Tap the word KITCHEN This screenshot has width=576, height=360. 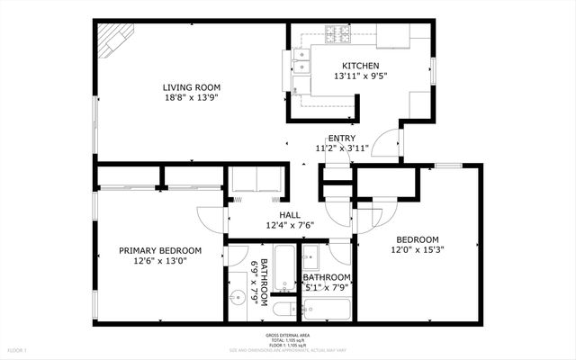tap(360, 66)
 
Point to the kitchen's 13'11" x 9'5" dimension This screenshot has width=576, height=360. tap(360, 76)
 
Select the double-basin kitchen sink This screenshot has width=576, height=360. tap(301, 60)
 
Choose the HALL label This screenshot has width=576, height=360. tap(289, 215)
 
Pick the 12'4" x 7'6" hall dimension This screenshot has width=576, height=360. tap(289, 226)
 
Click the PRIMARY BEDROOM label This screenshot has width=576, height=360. tap(160, 250)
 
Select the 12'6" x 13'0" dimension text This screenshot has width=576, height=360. tap(160, 261)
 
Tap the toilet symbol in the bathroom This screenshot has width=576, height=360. tap(282, 310)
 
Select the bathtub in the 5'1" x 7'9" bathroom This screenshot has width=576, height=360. tap(327, 310)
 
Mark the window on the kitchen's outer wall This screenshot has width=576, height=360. tap(433, 70)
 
